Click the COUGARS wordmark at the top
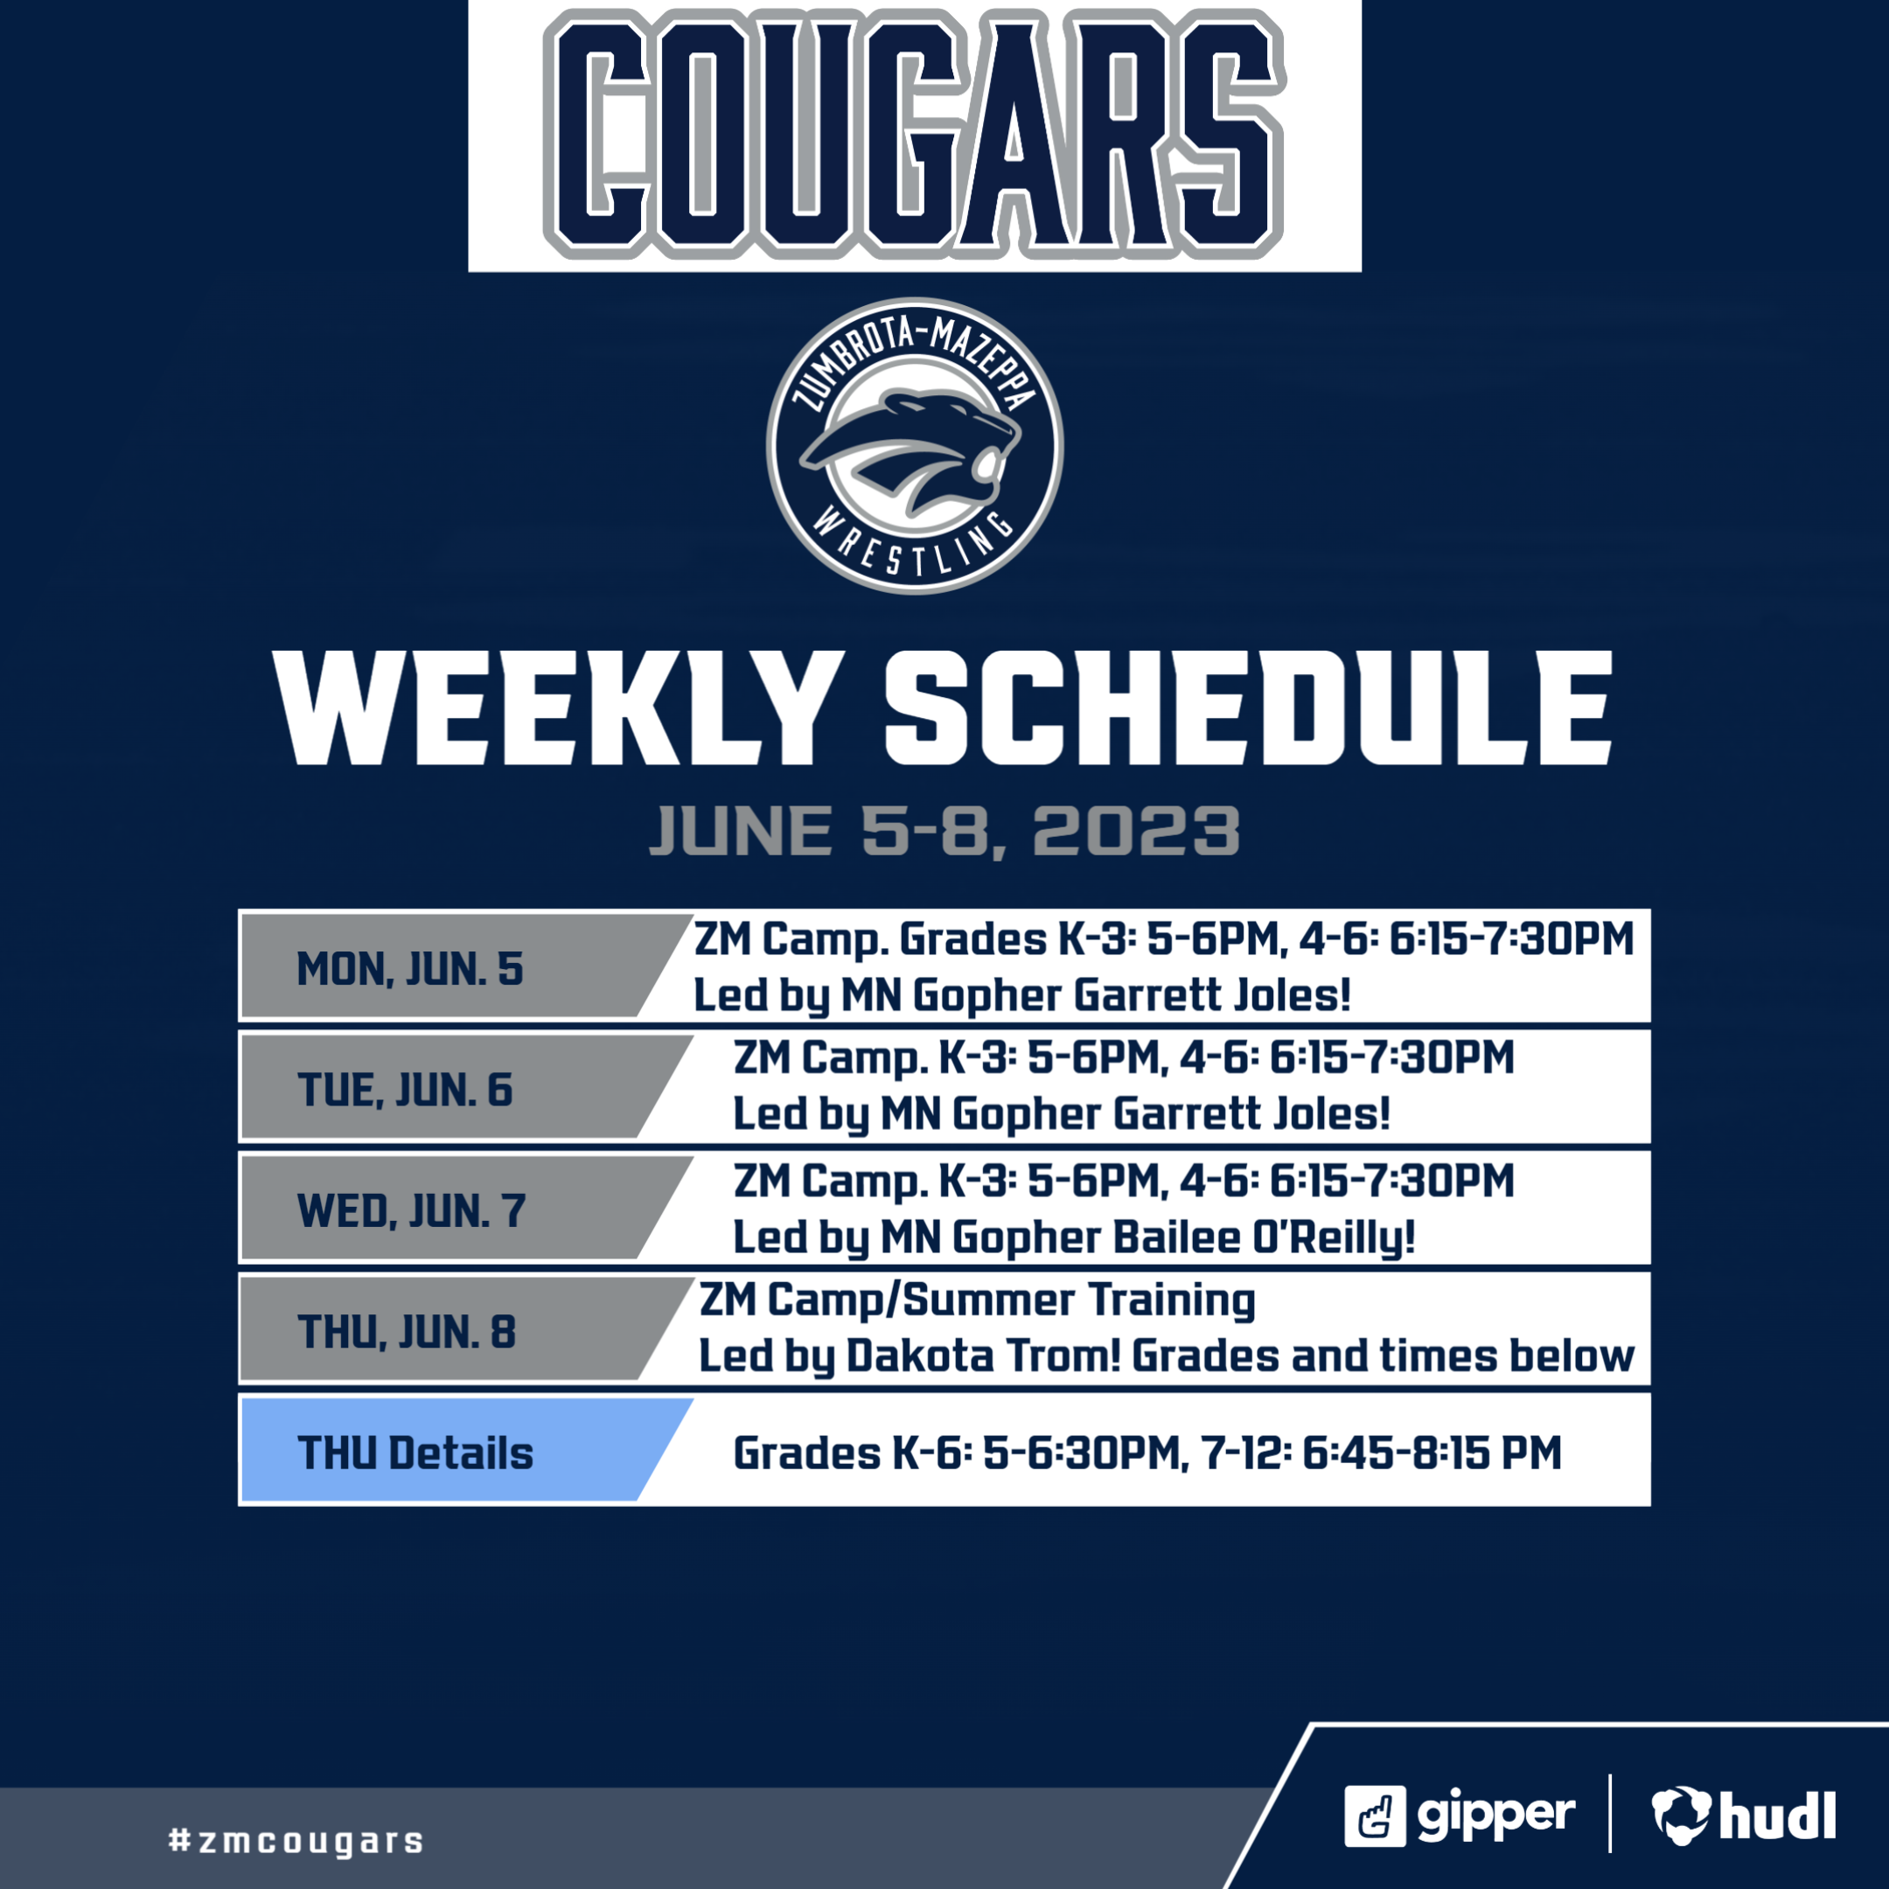tap(914, 134)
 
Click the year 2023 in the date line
tap(1136, 832)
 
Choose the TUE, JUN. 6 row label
tap(405, 1091)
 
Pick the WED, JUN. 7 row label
tap(412, 1211)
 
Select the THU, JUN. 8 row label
tap(407, 1332)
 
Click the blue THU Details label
tap(415, 1453)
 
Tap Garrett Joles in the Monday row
tap(1212, 995)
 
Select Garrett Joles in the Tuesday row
tap(1251, 1113)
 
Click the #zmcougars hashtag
tap(296, 1841)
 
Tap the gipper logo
tap(1459, 1816)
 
